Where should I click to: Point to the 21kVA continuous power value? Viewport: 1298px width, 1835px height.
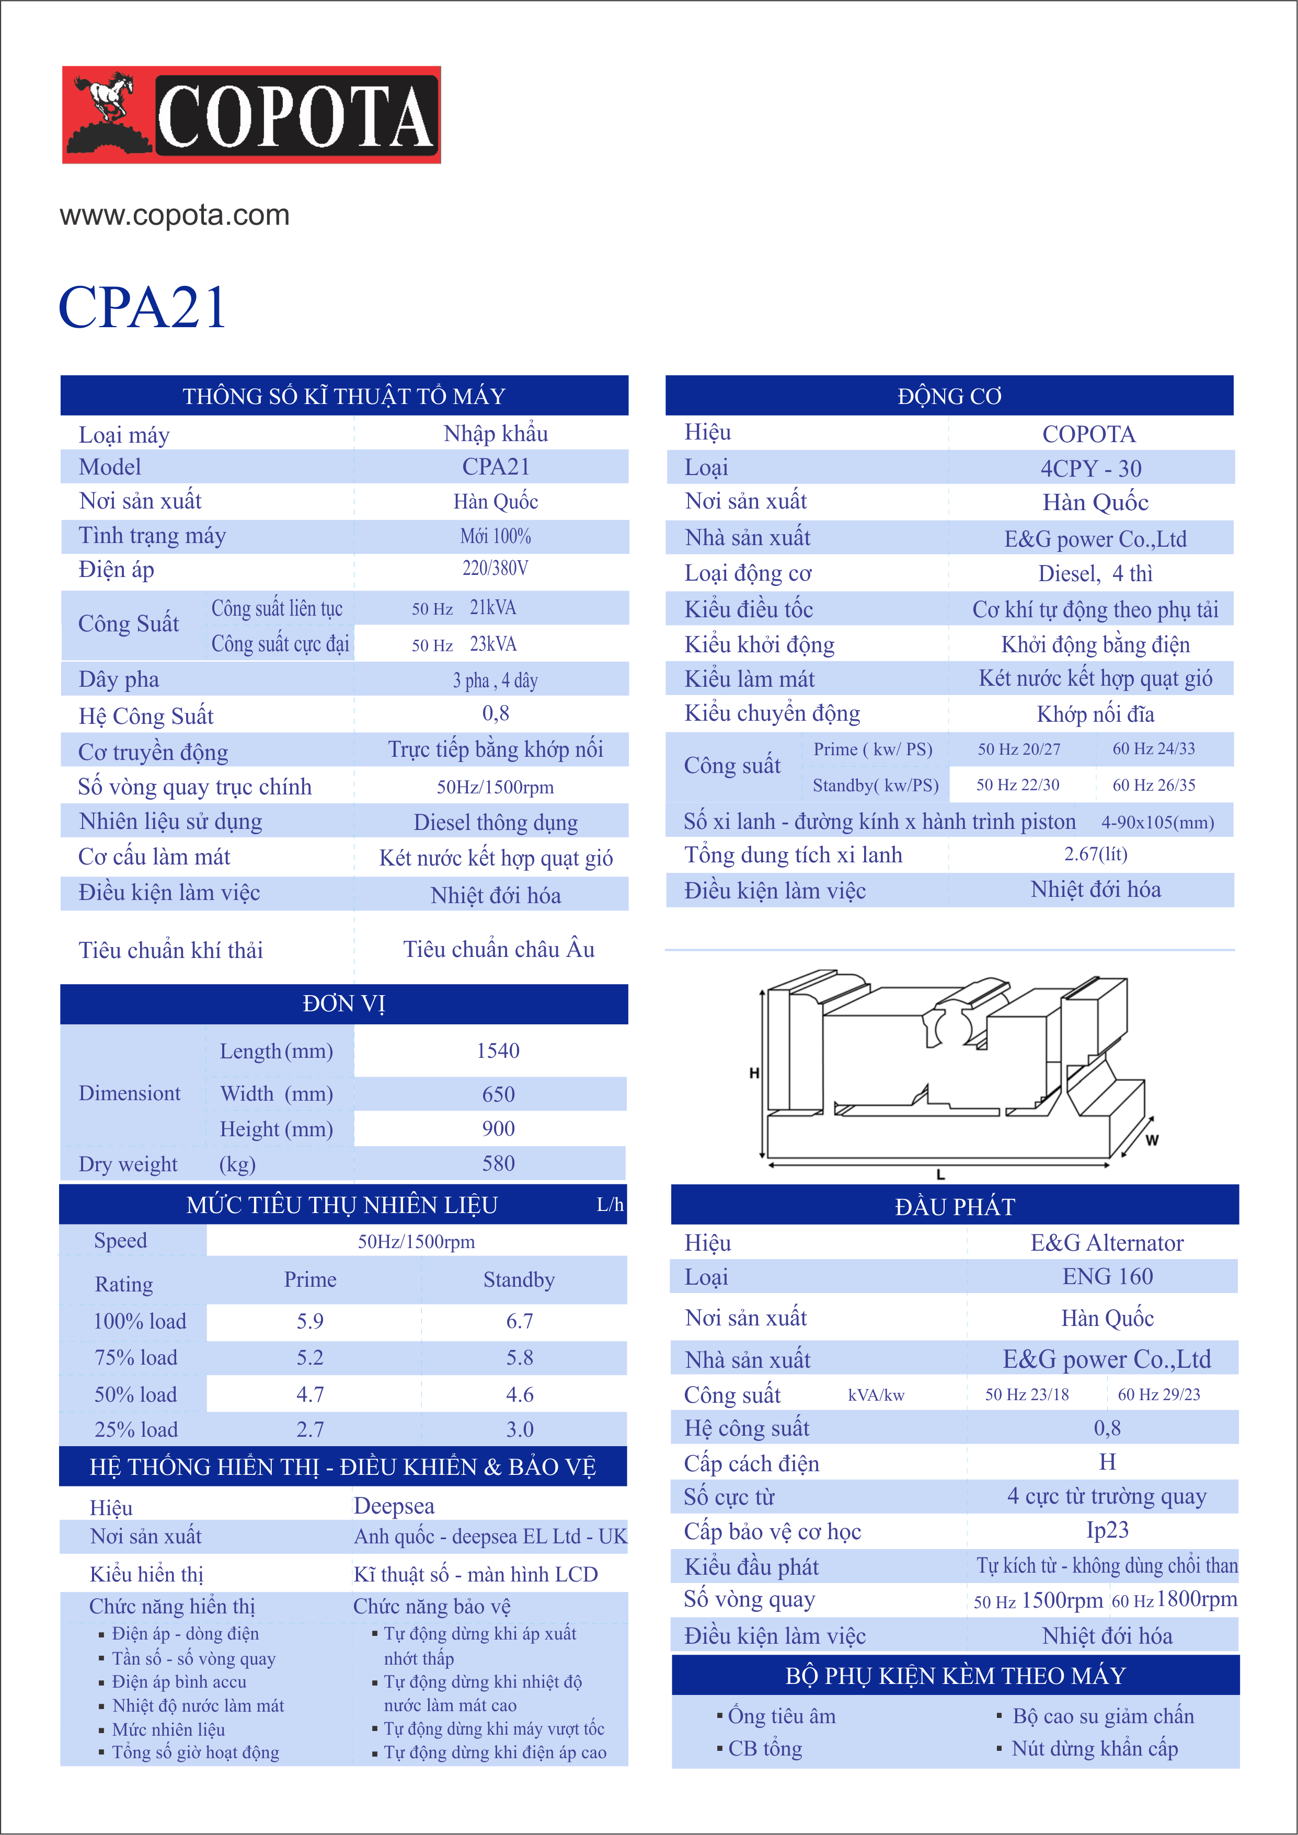pyautogui.click(x=492, y=607)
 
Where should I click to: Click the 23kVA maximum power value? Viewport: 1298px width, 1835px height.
pyautogui.click(x=492, y=644)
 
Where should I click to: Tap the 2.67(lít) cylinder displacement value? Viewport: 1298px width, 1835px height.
pyautogui.click(x=1095, y=855)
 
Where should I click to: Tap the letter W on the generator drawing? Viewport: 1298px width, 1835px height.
pyautogui.click(x=1151, y=1140)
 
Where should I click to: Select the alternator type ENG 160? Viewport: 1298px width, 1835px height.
pyautogui.click(x=1107, y=1276)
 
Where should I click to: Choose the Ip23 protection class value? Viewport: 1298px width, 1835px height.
pyautogui.click(x=1107, y=1530)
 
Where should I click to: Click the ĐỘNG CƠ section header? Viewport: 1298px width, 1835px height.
pyautogui.click(x=949, y=396)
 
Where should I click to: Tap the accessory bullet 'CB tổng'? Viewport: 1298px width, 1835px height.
pyautogui.click(x=765, y=1749)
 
